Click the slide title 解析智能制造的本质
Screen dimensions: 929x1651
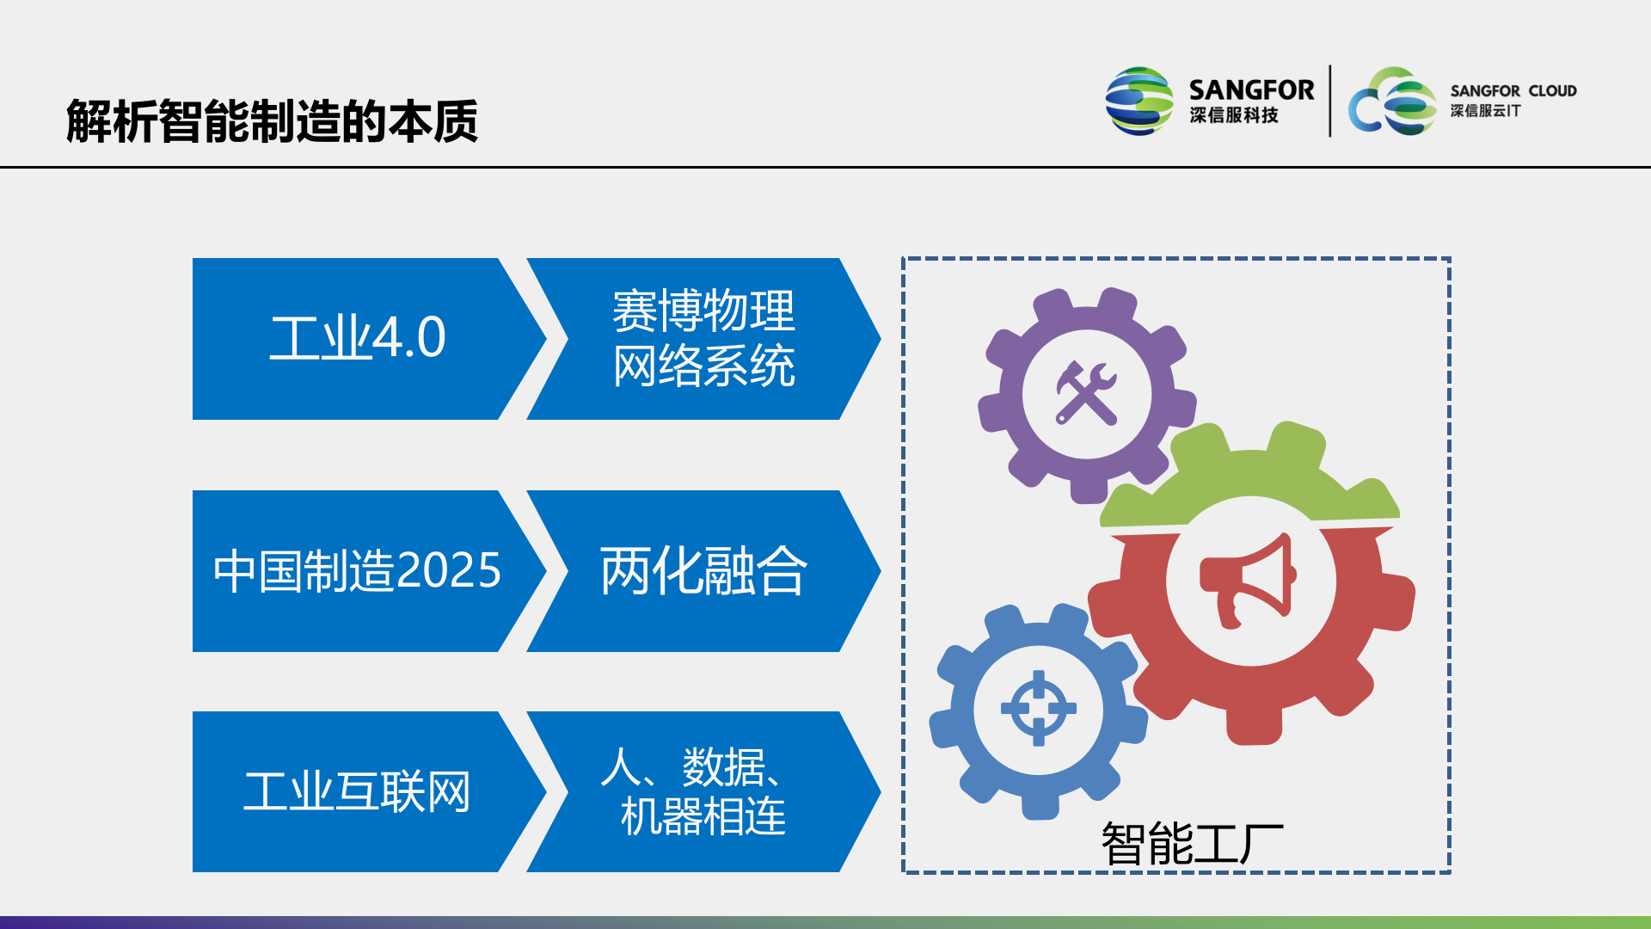[x=272, y=121]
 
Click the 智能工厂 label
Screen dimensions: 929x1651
[x=1192, y=843]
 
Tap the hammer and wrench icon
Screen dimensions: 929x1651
[x=1087, y=394]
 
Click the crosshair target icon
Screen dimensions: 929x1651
[x=1038, y=709]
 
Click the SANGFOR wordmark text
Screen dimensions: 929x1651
[x=1251, y=89]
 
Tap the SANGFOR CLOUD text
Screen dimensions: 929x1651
[x=1513, y=90]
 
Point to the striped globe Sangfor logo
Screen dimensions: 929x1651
[x=1139, y=102]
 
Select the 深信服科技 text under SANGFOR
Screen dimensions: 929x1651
[x=1234, y=115]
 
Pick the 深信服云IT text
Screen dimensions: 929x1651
[x=1485, y=111]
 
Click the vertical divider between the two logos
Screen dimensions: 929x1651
[x=1330, y=101]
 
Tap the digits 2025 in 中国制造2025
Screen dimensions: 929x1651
[x=449, y=570]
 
